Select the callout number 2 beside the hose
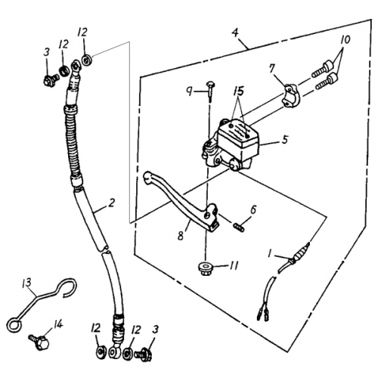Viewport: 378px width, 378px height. pos(111,202)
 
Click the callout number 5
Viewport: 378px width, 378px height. pos(284,139)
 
